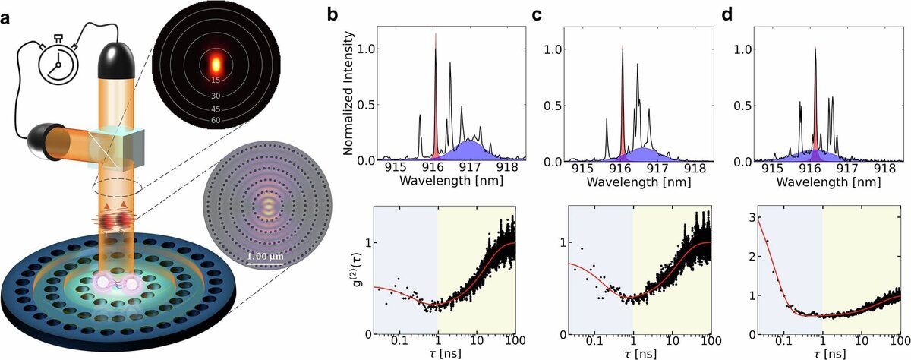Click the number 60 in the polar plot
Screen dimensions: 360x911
coord(216,120)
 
